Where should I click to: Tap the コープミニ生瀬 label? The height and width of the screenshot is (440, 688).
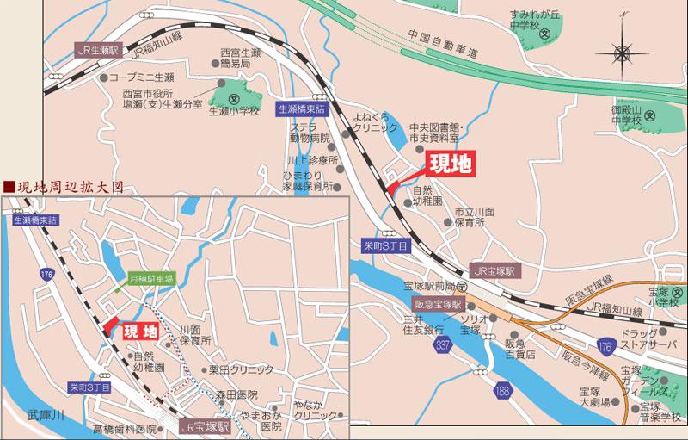click(x=141, y=77)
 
